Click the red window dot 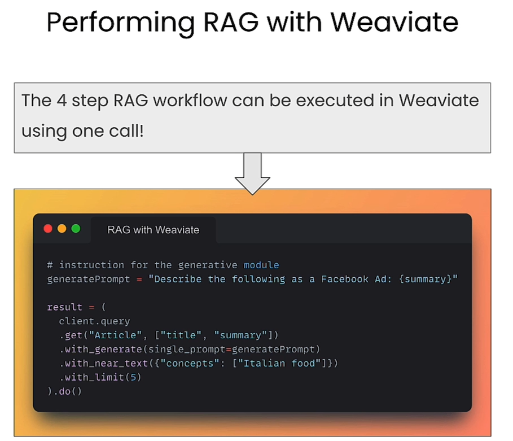(x=48, y=229)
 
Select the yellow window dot (x=62, y=229)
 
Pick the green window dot (x=76, y=229)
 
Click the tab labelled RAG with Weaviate (x=153, y=230)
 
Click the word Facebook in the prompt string (x=345, y=279)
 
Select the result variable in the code (x=64, y=307)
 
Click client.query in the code (x=94, y=321)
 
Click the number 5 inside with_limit (x=133, y=377)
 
